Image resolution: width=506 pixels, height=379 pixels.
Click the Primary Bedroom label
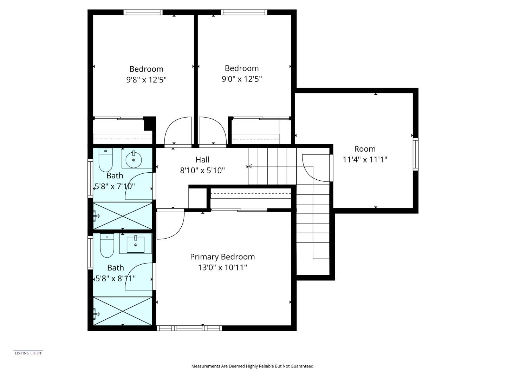click(x=222, y=257)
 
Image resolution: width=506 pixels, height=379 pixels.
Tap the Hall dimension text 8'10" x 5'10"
click(x=202, y=171)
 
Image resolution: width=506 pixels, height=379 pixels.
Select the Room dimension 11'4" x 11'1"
click(x=365, y=160)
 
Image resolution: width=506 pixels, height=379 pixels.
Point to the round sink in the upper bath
click(x=134, y=159)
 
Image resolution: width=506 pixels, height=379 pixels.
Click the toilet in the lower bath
click(x=107, y=245)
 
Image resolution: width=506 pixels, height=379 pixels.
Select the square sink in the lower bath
click(x=135, y=244)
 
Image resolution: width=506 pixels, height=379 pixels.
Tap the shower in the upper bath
click(x=123, y=215)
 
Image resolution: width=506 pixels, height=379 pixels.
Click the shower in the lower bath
click(x=123, y=311)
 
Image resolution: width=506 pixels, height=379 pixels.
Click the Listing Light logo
click(x=28, y=353)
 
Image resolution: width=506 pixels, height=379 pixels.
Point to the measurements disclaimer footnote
click(x=253, y=366)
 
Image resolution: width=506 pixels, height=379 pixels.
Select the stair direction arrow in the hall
click(x=250, y=166)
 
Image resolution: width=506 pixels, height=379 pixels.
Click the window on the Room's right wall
click(x=415, y=154)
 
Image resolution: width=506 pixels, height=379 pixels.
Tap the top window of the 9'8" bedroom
click(x=143, y=12)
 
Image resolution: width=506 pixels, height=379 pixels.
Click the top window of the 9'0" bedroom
click(x=244, y=12)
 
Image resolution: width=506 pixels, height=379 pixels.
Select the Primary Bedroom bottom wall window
click(x=189, y=328)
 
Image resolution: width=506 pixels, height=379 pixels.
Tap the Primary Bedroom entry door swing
click(x=170, y=225)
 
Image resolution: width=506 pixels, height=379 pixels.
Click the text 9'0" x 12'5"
click(x=241, y=79)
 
